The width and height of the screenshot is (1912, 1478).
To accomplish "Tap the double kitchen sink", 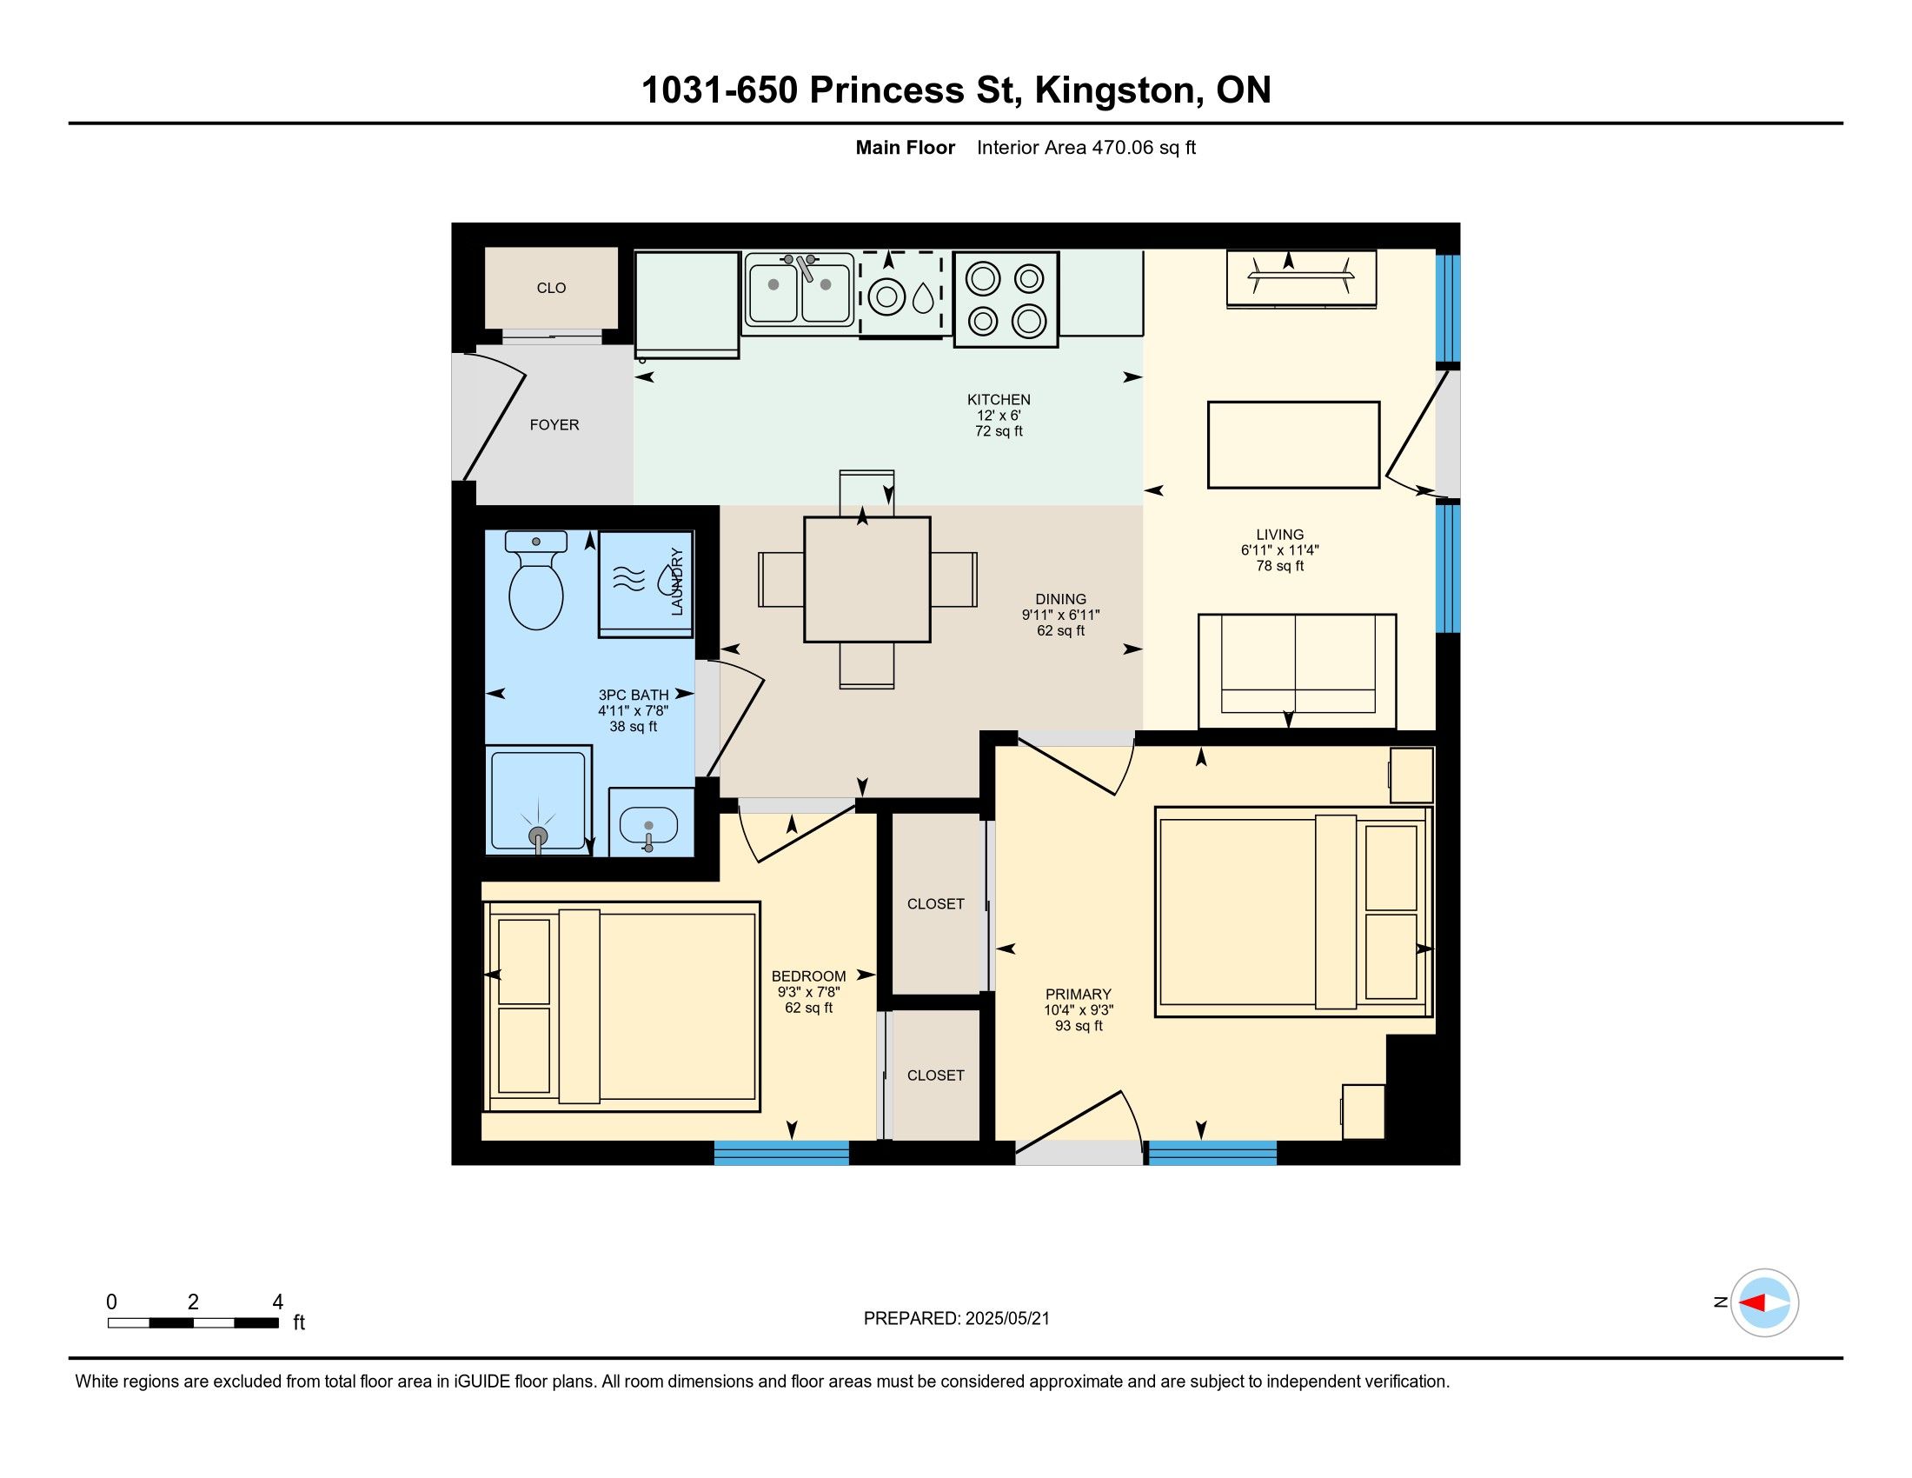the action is pos(799,290).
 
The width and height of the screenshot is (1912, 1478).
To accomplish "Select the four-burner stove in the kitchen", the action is pos(1006,299).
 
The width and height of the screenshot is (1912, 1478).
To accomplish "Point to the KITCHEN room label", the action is pos(999,399).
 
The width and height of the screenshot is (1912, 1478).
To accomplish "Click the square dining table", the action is pos(866,580).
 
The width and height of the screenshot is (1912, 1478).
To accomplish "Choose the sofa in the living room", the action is pos(1297,670).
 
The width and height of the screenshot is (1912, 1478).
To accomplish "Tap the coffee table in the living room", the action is pos(1293,445).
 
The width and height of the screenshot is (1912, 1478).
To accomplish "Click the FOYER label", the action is pos(554,424).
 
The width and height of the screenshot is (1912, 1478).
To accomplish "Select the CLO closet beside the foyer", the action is pos(552,287).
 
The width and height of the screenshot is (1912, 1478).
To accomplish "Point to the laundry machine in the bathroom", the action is pos(645,583).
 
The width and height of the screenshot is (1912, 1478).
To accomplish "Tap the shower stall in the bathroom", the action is pos(539,798).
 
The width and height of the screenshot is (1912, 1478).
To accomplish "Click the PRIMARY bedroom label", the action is pos(1078,994).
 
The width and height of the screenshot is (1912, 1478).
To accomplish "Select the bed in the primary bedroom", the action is pos(1294,911).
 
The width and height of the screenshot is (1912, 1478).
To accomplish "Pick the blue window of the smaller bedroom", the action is pos(782,1152).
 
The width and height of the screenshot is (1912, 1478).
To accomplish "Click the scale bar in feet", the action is pos(194,1323).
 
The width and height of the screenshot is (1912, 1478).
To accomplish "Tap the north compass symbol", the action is pos(1764,1303).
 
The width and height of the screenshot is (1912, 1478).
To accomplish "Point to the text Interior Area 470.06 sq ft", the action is pos(1085,147).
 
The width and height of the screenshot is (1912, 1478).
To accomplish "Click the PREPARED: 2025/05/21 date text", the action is pos(956,1319).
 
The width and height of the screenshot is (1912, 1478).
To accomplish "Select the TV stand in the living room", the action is pos(1301,279).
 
